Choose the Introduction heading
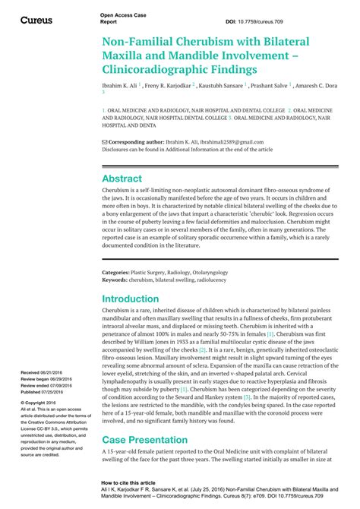pyautogui.click(x=131, y=299)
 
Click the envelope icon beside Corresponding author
pyautogui.click(x=105, y=142)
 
